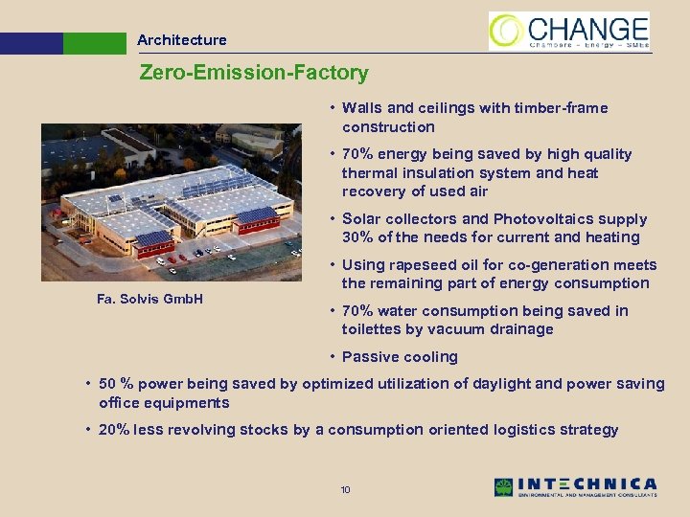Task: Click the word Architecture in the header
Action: (182, 40)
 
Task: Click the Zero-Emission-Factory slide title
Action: (254, 73)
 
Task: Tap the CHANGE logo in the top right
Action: (569, 31)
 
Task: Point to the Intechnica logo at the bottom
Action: (576, 486)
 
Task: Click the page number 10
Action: (346, 490)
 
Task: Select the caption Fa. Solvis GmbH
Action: (149, 299)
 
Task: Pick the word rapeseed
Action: (424, 265)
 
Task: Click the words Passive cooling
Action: (401, 357)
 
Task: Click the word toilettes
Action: (372, 329)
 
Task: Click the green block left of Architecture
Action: (94, 43)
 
